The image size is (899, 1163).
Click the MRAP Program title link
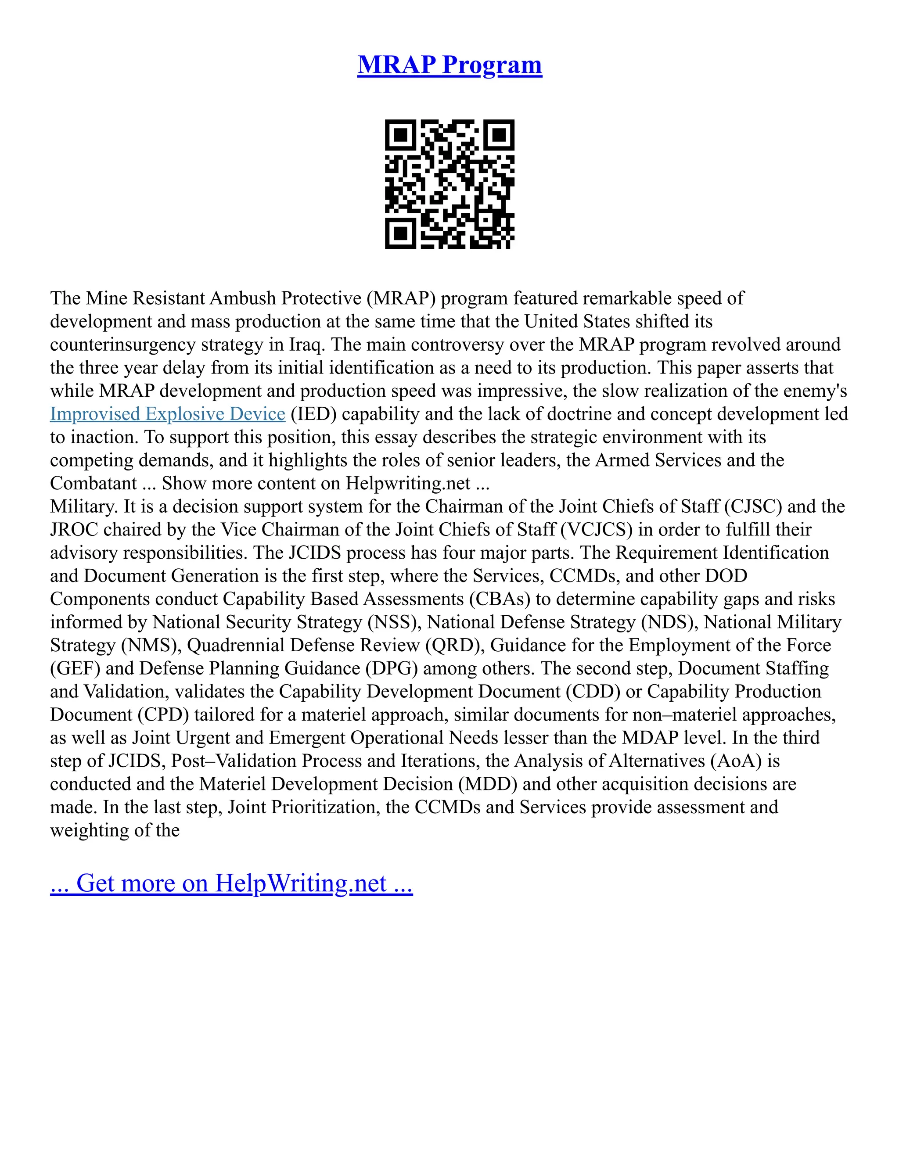(449, 65)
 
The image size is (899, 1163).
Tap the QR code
(449, 184)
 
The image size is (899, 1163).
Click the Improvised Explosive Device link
(168, 414)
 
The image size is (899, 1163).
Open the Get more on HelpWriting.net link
(231, 883)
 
